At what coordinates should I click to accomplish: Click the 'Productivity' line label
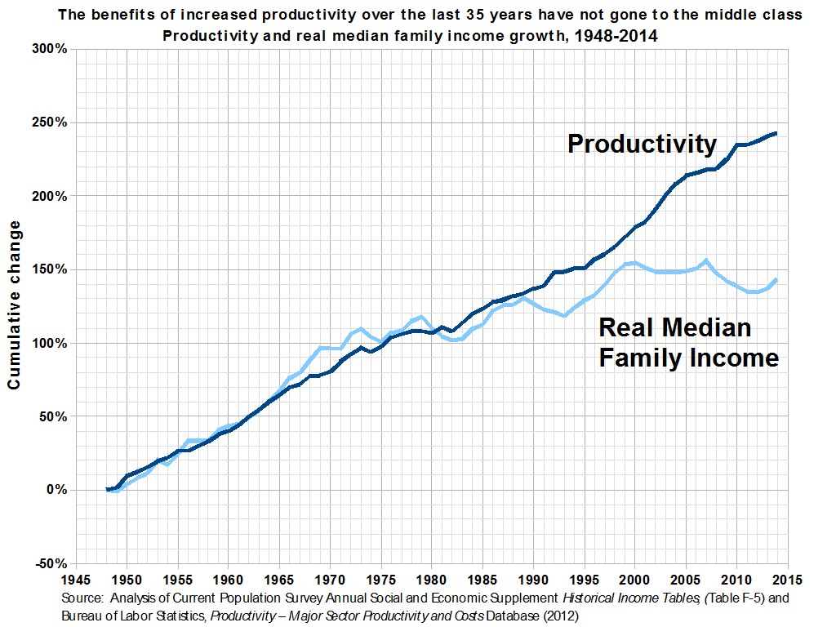click(642, 144)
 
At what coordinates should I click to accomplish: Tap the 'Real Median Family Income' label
click(688, 343)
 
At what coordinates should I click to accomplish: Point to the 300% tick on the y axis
click(51, 49)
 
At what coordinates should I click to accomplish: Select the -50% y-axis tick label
click(51, 563)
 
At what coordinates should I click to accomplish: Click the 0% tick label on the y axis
click(56, 490)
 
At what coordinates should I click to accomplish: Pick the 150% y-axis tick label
click(51, 269)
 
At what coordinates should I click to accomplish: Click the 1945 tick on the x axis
click(75, 579)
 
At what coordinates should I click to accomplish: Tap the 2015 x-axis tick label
click(787, 579)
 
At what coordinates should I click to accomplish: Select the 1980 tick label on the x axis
click(431, 579)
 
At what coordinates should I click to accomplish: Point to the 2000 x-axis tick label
click(634, 579)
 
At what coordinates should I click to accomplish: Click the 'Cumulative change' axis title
click(15, 306)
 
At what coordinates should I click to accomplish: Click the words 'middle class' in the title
click(762, 16)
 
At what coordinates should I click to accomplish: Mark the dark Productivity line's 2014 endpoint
click(776, 133)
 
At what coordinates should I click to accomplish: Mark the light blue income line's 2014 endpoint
click(776, 280)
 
